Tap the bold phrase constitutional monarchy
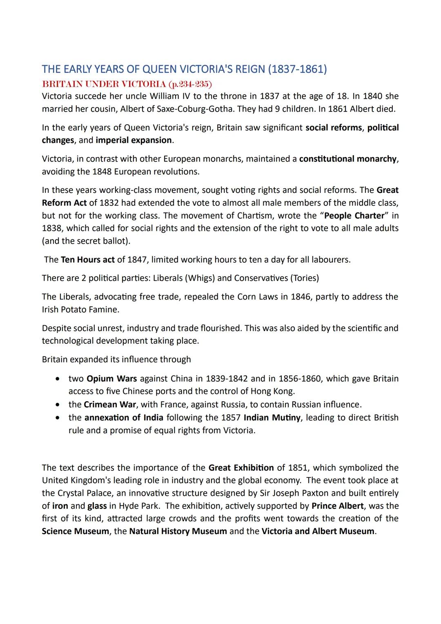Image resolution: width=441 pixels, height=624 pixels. (x=347, y=159)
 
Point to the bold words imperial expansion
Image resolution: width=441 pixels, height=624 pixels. (x=134, y=141)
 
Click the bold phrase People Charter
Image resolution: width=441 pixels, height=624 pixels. (x=354, y=216)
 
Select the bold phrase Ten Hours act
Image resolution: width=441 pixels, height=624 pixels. (x=87, y=260)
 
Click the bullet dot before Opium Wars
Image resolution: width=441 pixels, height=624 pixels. (x=59, y=379)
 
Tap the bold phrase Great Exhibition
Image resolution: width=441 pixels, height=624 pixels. (x=241, y=468)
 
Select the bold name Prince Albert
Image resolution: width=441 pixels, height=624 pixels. (x=337, y=506)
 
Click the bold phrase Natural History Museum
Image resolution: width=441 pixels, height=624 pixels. (x=178, y=531)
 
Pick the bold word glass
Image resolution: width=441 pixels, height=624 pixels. (x=97, y=506)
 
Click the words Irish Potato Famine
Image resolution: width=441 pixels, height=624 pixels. (x=80, y=310)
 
